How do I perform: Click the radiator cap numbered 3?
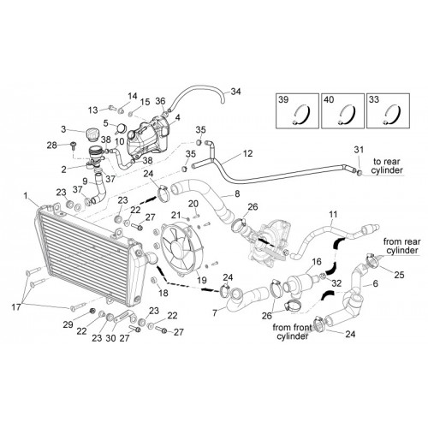click(91, 134)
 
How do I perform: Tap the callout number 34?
click(235, 92)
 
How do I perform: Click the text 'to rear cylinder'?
click(388, 166)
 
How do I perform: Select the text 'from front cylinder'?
click(292, 331)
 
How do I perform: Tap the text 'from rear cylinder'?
click(401, 246)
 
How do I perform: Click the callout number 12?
click(248, 153)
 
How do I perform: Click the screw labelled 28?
click(74, 146)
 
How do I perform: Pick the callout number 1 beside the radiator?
click(26, 196)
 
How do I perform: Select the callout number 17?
click(16, 307)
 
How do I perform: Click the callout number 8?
click(237, 194)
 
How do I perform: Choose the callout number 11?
click(333, 214)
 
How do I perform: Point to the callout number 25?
click(399, 275)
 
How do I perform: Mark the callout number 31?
click(359, 150)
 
